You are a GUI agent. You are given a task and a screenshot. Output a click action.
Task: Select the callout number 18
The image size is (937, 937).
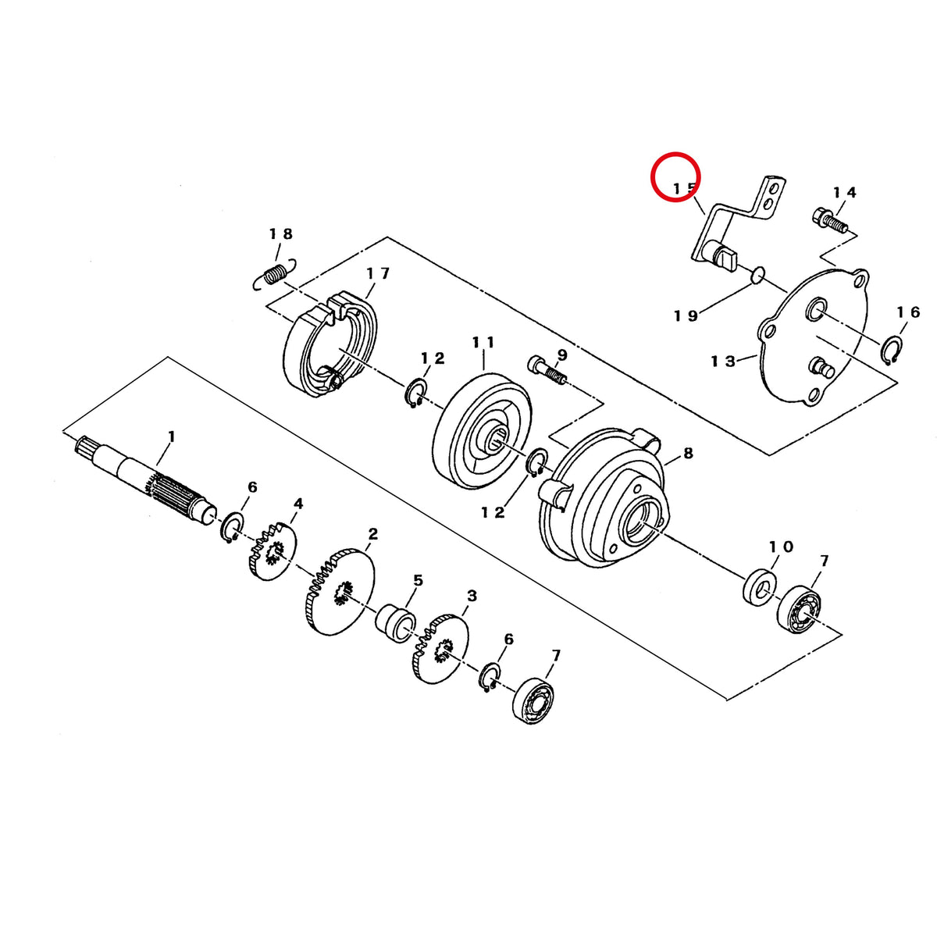click(282, 234)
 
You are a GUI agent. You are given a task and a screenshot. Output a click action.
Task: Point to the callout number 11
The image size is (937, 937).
click(483, 342)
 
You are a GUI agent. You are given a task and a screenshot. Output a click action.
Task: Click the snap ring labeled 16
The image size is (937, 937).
click(891, 349)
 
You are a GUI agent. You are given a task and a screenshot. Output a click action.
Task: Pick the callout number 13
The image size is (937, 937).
click(723, 362)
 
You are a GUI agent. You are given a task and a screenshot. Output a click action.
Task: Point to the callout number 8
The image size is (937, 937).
click(688, 453)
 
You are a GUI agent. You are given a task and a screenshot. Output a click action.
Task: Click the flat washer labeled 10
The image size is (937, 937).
click(760, 587)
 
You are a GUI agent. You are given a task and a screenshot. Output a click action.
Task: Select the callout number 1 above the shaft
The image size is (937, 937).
click(171, 436)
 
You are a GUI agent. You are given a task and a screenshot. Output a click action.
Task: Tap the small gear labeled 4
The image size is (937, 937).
click(273, 551)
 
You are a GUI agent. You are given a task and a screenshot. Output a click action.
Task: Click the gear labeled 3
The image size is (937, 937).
click(440, 648)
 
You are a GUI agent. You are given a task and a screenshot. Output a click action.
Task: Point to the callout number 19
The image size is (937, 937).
click(686, 315)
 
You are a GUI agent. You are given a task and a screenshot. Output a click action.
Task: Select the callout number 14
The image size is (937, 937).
click(845, 193)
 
